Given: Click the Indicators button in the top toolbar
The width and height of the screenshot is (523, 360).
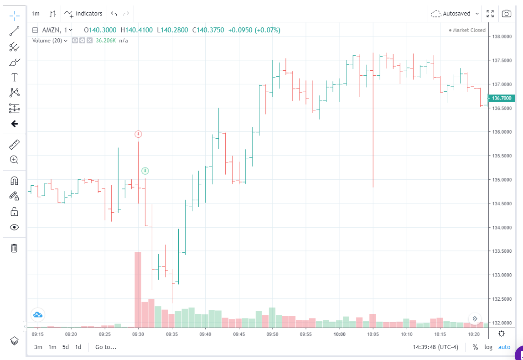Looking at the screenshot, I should [84, 14].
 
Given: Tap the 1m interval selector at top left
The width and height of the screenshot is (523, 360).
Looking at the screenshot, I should [36, 14].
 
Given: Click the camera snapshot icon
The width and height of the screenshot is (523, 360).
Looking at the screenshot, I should [506, 14].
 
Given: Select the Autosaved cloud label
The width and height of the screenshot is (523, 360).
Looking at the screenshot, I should [456, 14].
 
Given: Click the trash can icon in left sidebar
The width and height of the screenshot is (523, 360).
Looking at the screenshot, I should [14, 248].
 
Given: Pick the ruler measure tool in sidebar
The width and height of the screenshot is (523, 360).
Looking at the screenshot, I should [14, 145].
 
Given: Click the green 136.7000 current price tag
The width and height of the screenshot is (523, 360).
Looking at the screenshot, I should [502, 98].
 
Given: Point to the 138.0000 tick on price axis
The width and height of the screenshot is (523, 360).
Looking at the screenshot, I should [502, 37].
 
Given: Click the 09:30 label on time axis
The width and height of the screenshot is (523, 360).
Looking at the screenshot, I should [138, 334].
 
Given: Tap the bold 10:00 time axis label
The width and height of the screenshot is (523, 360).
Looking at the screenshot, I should [339, 334].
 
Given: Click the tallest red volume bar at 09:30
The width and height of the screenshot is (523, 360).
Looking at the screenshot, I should [138, 289].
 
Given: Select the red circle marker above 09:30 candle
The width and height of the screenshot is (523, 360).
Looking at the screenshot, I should [139, 134].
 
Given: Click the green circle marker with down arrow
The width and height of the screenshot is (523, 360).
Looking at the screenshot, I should [145, 171].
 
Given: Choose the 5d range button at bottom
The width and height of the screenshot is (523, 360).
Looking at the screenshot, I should [66, 347].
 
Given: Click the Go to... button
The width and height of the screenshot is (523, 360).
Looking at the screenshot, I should [106, 347].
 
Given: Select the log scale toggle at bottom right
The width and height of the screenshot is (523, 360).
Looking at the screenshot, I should [488, 347].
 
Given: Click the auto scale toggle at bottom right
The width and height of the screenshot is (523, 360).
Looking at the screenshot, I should [504, 347].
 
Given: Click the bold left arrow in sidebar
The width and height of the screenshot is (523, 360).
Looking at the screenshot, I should [14, 124].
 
